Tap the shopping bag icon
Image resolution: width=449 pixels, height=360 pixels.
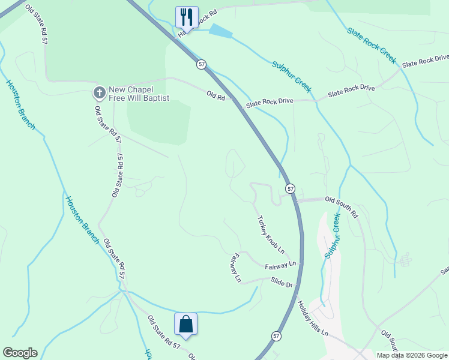click(185, 324)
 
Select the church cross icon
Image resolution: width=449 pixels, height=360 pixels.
click(99, 92)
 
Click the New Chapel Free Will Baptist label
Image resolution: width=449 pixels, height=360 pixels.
click(139, 94)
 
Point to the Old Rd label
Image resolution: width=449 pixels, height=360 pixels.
click(215, 95)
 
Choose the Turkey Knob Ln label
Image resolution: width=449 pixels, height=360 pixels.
click(270, 234)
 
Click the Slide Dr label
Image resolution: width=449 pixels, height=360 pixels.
click(281, 282)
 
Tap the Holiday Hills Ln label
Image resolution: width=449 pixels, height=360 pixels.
click(313, 317)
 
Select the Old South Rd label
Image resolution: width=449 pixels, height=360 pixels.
click(341, 206)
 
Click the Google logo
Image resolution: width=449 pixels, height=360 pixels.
click(20, 353)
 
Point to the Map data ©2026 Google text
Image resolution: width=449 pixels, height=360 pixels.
click(412, 355)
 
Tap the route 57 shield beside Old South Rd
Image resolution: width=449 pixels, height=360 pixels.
click(291, 188)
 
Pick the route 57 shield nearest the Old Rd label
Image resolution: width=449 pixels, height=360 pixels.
click(201, 64)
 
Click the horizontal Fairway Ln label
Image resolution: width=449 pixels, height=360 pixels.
click(280, 265)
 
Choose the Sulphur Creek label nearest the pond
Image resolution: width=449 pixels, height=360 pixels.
click(292, 76)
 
